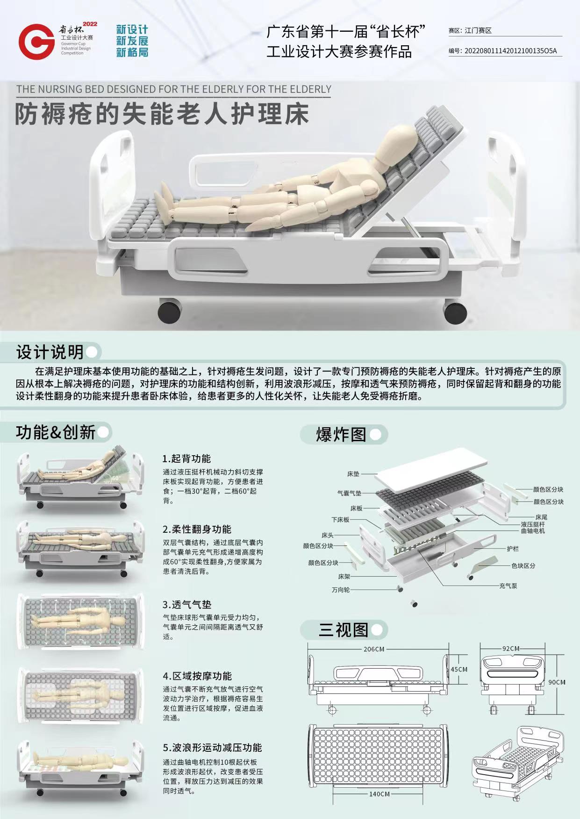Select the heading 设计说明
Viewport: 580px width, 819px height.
coord(50,352)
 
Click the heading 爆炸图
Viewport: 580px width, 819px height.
coord(341,434)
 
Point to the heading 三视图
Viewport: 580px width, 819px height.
coord(344,630)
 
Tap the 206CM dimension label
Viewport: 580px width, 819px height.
coord(374,649)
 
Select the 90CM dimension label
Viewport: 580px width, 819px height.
coord(557,682)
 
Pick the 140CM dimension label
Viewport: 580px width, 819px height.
coord(380,794)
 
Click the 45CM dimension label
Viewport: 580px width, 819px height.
coord(459,669)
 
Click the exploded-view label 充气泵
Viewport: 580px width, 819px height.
coord(508,586)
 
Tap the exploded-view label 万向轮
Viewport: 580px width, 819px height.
coord(341,590)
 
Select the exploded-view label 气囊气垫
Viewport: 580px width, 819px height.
coord(349,493)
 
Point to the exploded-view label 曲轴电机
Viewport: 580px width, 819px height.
coord(533,531)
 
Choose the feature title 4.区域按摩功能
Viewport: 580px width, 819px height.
coord(197,676)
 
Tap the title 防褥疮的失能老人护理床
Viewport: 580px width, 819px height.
coord(162,114)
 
